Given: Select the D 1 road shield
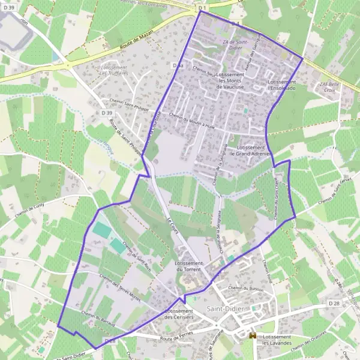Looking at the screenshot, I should [x=202, y=8].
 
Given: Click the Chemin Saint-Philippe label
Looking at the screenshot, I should [x=125, y=103].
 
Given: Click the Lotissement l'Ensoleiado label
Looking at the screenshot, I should [x=283, y=84].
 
